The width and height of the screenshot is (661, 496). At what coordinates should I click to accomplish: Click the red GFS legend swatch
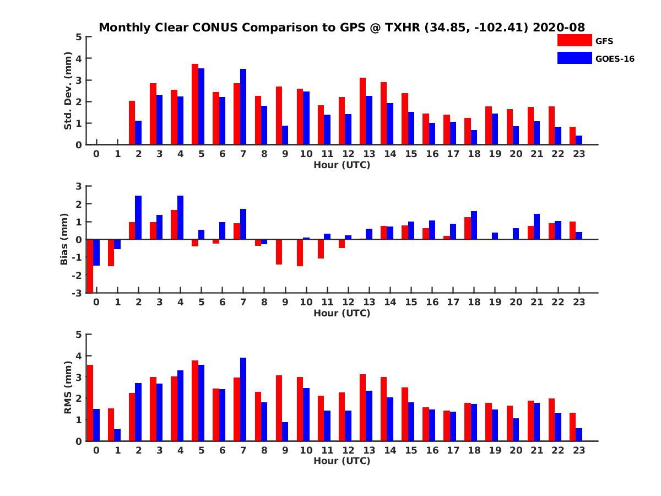coord(574,40)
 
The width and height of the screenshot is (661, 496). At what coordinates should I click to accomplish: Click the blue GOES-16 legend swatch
coord(574,58)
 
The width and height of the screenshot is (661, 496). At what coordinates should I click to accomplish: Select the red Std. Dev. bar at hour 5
coord(195,104)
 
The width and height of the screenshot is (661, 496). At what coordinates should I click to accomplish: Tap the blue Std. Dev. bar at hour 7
coord(243,107)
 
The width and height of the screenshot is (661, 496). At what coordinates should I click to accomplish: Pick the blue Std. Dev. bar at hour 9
coord(285,135)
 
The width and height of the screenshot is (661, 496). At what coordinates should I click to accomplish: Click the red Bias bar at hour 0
coord(90,266)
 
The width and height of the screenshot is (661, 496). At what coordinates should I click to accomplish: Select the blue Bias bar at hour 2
coord(138,218)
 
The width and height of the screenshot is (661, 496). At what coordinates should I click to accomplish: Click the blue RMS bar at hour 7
coord(243,399)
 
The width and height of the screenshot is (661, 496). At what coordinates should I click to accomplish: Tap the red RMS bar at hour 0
coord(90,403)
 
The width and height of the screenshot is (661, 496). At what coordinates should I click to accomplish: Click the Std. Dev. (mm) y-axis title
coord(68,91)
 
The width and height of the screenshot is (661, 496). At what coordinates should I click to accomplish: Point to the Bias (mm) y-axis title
coord(64,240)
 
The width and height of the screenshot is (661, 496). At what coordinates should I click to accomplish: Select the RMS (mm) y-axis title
coord(68,388)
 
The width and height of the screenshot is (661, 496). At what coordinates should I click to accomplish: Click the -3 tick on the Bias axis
coord(78,293)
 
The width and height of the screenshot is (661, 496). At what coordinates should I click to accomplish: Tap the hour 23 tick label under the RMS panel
coord(578,450)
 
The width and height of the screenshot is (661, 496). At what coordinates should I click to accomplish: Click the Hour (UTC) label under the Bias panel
coord(342,313)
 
